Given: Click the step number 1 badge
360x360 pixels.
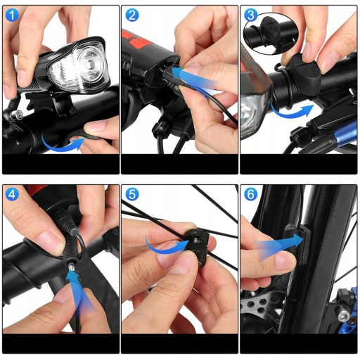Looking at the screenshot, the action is coord(12,15).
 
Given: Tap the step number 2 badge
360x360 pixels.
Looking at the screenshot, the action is coord(132,15).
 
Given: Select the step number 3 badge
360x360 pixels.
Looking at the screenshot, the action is coord(250,15).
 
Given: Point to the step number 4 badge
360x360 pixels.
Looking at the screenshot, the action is coord(12,194).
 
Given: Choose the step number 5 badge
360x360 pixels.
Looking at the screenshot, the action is coord(132,194).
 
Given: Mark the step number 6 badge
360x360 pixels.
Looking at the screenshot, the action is coord(250,194).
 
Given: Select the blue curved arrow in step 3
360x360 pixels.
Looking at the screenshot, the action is coord(290,113).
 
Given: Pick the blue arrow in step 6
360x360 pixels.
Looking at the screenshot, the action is coord(280,245).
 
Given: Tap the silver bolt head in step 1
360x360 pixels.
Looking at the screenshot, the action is coord(16,115).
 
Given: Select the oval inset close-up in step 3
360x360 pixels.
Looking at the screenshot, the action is coord(271,33).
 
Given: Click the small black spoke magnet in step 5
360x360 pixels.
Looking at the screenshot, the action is coord(198,247).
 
